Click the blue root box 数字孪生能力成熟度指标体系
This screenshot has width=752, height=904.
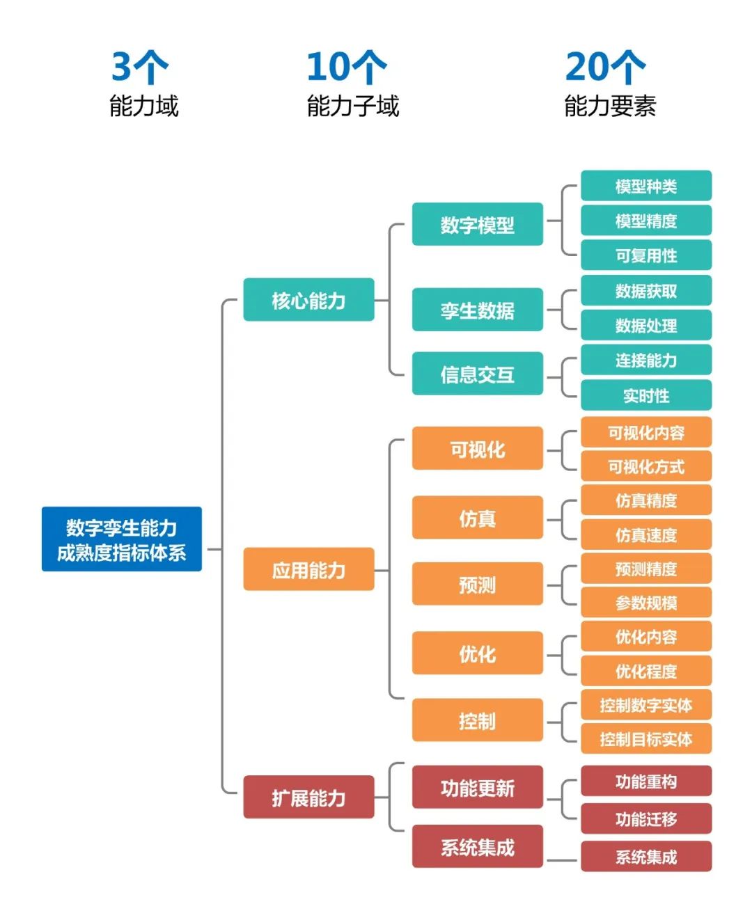click(122, 539)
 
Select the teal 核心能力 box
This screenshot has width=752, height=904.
click(308, 300)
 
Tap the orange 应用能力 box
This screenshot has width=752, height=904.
click(308, 569)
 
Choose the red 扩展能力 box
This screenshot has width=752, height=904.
click(308, 797)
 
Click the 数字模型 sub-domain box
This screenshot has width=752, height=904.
click(477, 224)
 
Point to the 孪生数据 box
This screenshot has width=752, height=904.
click(477, 310)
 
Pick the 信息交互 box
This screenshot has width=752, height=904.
click(477, 374)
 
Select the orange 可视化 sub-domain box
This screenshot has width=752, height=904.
click(477, 448)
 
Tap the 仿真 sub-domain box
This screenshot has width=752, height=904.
click(477, 518)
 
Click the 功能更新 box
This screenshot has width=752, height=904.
click(477, 787)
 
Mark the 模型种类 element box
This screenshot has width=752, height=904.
click(646, 186)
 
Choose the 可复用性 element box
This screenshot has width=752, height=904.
click(646, 255)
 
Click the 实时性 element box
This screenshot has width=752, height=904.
click(646, 395)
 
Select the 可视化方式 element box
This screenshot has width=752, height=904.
click(646, 466)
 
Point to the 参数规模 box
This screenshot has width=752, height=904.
click(646, 602)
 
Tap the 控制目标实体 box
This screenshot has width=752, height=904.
click(646, 738)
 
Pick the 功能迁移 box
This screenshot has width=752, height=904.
click(646, 818)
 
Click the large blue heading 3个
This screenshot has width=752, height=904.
click(140, 67)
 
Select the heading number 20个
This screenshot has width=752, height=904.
click(605, 67)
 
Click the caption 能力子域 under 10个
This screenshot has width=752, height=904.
click(353, 106)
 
